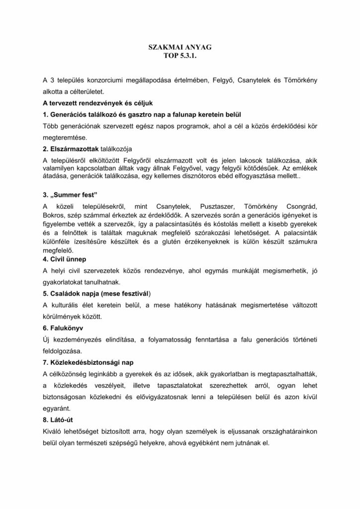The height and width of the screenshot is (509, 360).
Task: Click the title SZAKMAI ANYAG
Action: click(180, 49)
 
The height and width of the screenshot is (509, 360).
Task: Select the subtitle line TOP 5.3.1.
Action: click(180, 57)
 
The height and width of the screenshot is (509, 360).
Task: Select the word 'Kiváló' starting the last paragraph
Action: click(54, 430)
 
